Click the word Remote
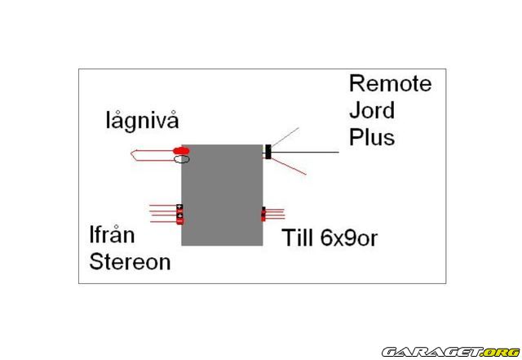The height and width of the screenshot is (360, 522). point(390,83)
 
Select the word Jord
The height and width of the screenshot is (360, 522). point(372,110)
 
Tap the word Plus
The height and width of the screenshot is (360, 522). point(372,137)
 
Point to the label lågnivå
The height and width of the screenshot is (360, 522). point(143,121)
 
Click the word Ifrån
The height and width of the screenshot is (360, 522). point(113,234)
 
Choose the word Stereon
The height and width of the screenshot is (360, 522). point(130,262)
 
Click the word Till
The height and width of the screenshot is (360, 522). point(298,238)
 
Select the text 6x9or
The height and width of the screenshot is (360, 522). point(349,238)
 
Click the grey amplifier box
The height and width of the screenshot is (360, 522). point(222,195)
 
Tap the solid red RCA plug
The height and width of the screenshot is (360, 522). point(181,151)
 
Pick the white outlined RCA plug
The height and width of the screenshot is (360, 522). point(181,159)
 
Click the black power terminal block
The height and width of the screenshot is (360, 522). point(268,152)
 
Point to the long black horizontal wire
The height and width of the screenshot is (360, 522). point(304,153)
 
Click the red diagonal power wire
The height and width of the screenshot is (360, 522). point(288,167)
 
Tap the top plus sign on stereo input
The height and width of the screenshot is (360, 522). point(179,207)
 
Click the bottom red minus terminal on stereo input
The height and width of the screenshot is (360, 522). point(179,221)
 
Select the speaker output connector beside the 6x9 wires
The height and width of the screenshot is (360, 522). point(263,214)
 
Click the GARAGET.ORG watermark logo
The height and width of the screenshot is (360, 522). point(451,352)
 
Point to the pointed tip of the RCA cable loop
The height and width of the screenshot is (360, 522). point(131,154)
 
